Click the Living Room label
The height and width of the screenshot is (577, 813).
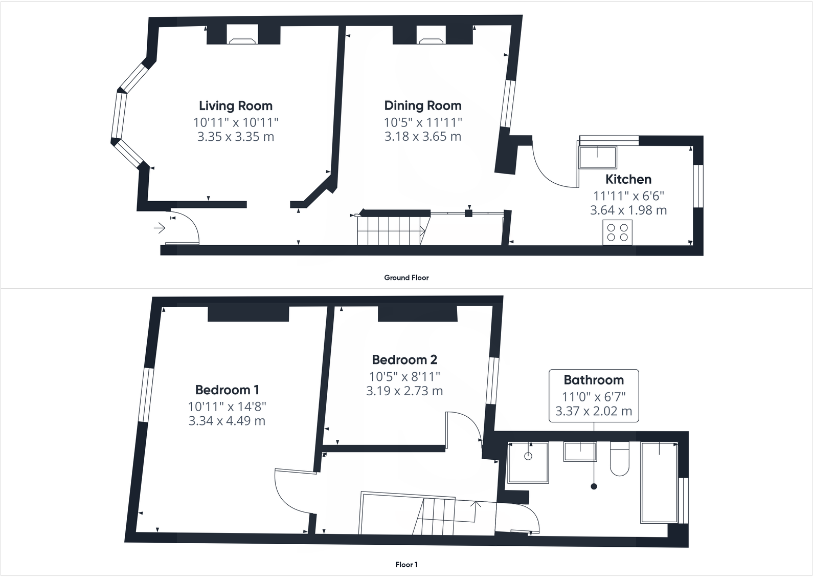235,106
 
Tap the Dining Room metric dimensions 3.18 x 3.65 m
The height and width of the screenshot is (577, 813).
423,137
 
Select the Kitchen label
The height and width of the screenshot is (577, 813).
628,179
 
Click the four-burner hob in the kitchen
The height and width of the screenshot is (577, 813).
617,232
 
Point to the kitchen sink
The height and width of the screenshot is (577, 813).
598,157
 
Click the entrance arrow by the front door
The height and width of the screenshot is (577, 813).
160,228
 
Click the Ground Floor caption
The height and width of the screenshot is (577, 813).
406,277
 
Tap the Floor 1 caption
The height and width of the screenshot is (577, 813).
406,565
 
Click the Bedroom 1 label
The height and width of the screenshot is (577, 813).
227,390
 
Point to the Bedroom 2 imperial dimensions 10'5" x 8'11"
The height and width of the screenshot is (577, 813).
404,377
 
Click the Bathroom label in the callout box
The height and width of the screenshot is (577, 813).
594,380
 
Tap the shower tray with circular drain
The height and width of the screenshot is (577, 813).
528,462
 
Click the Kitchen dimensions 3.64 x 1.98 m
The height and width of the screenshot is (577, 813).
628,210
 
